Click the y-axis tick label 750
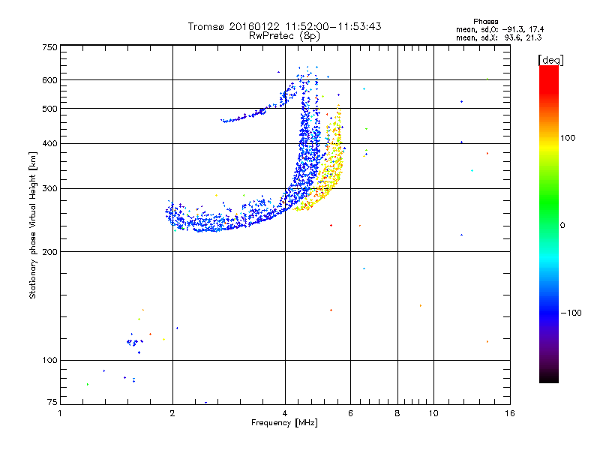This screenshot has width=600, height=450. (x=49, y=47)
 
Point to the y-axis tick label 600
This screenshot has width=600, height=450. (x=49, y=80)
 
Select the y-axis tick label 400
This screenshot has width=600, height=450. (x=49, y=143)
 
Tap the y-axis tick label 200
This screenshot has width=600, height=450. (x=49, y=251)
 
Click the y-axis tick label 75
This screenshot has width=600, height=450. (x=52, y=403)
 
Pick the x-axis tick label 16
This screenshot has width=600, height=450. (x=509, y=413)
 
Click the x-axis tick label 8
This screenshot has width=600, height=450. (x=397, y=413)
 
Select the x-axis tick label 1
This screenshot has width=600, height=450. (x=61, y=413)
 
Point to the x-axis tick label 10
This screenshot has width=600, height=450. (x=433, y=413)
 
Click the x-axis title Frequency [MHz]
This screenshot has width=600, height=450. (x=284, y=424)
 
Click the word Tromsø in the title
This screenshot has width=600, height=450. (x=208, y=26)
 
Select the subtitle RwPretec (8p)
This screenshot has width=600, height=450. (x=284, y=35)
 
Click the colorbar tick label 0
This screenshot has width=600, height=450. (x=564, y=225)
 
